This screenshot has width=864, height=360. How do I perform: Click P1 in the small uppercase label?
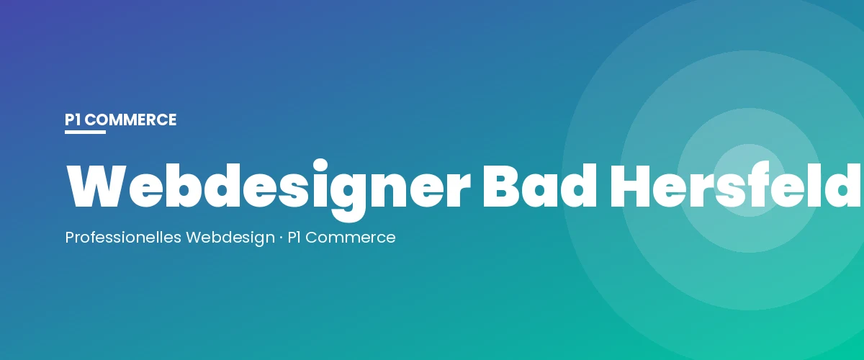pyautogui.click(x=73, y=120)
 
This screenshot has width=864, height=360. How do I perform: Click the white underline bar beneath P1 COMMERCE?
pyautogui.click(x=85, y=132)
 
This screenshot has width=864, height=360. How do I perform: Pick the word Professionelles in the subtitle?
pyautogui.click(x=123, y=237)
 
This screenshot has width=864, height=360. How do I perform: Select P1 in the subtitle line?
pyautogui.click(x=294, y=237)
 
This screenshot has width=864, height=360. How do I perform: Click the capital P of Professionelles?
pyautogui.click(x=69, y=237)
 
